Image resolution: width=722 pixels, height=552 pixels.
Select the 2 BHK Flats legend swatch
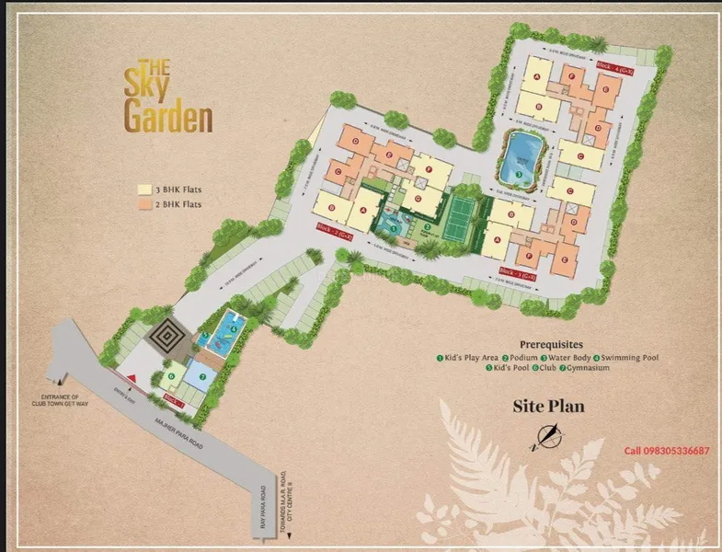click(143, 204)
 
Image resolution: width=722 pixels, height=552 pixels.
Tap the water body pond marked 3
click(521, 159)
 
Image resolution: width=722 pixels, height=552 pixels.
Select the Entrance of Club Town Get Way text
click(42, 403)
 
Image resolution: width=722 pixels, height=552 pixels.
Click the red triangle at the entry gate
click(134, 379)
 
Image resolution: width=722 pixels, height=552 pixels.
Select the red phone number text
click(667, 451)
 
